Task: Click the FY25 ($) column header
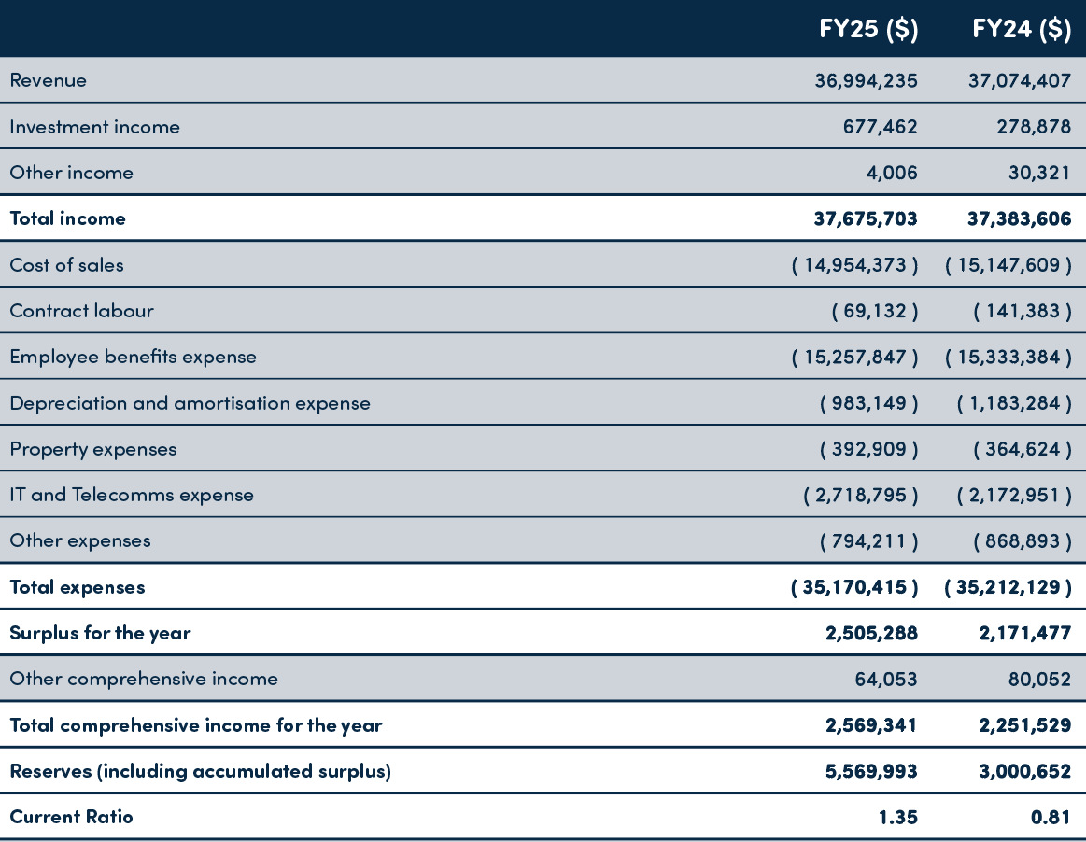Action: point(867,30)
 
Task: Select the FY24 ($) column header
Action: point(1021,30)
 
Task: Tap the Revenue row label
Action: point(48,80)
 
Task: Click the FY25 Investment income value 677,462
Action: point(880,127)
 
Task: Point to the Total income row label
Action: point(67,218)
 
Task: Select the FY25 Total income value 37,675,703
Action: point(866,218)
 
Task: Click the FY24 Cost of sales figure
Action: point(1008,265)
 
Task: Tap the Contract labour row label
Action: point(81,311)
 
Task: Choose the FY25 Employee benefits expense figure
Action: point(854,357)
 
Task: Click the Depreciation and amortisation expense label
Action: point(190,403)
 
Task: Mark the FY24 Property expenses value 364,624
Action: point(1023,449)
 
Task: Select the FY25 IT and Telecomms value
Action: point(861,495)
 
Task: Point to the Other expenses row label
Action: point(79,540)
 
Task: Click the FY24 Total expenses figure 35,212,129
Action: point(1008,587)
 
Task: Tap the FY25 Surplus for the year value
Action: point(871,633)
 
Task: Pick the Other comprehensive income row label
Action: point(144,679)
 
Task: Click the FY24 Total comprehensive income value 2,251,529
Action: point(1024,725)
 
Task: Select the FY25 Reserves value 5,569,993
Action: point(871,771)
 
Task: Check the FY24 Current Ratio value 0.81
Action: point(1051,817)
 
